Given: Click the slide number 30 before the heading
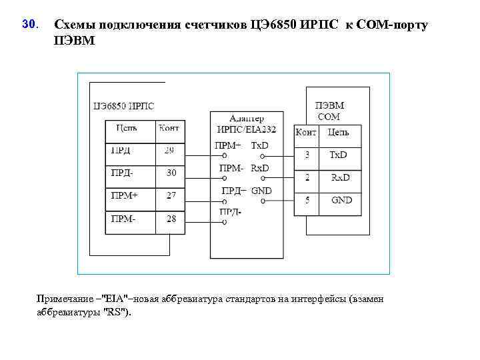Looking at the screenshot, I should (x=29, y=25).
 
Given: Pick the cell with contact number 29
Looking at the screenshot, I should (x=170, y=151).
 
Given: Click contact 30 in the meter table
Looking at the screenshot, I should (x=171, y=173).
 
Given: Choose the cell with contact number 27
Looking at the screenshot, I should (x=171, y=196).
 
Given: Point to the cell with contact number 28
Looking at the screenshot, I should (x=171, y=219).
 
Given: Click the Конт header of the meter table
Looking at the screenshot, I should (x=169, y=129).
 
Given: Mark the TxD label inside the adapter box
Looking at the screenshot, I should (x=260, y=145).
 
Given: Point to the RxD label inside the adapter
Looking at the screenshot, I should (x=260, y=168).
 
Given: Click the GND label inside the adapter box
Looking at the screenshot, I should (x=261, y=191).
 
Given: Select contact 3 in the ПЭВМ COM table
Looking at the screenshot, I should (x=307, y=155).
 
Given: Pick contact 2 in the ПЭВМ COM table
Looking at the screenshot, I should (x=307, y=177).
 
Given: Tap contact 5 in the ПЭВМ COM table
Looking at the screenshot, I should (x=307, y=200).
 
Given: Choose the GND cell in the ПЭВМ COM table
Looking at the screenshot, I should (x=341, y=200).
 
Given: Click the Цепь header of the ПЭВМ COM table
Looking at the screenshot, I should (x=339, y=133).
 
